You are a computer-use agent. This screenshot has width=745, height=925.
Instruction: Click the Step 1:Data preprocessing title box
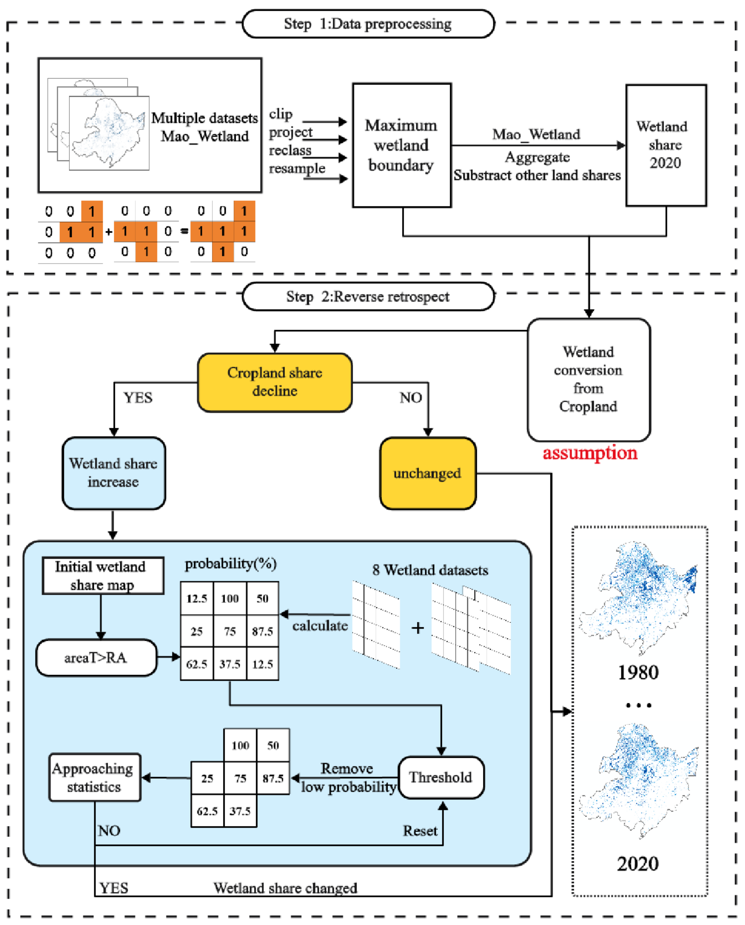click(368, 24)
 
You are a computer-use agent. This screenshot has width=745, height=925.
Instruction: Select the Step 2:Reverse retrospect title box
click(368, 296)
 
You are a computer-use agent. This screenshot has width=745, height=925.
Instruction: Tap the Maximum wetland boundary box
click(402, 145)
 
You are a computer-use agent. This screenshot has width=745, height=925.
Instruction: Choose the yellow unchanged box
click(427, 473)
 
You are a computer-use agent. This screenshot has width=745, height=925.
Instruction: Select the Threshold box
click(441, 777)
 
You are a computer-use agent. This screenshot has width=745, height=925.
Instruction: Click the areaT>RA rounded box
click(96, 657)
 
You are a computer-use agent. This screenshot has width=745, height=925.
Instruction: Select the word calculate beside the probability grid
click(320, 626)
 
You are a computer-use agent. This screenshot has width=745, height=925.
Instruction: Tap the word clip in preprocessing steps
click(281, 114)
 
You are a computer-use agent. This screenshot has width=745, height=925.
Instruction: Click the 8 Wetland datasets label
click(430, 570)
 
